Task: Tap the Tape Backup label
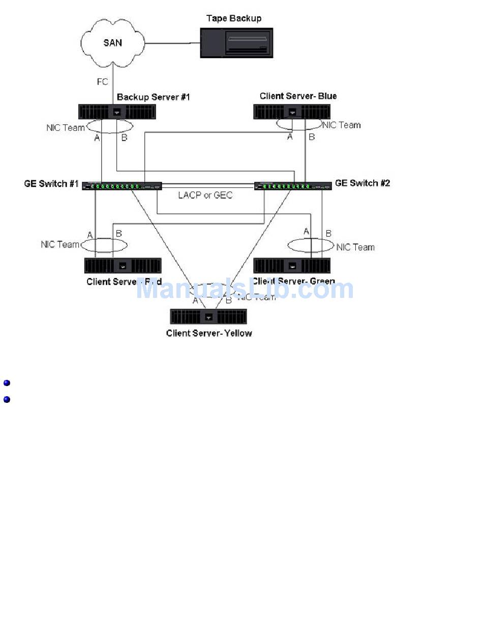coord(234,18)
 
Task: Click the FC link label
coord(102,81)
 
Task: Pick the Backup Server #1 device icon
coord(117,112)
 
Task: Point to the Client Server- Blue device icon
coord(292,112)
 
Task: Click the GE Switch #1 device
coord(122,186)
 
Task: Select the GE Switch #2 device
coord(293,186)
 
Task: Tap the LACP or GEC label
coord(205,195)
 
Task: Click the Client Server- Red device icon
coord(123,265)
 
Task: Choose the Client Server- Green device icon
coord(292,265)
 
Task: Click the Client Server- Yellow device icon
coord(208,316)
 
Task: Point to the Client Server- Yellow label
coord(209,334)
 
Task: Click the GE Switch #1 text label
coord(51,183)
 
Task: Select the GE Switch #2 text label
coord(363,183)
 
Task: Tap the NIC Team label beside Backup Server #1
coord(65,127)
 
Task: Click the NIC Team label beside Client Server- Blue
coord(342,125)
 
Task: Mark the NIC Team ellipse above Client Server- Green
coord(310,245)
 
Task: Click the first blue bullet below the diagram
coord(7,383)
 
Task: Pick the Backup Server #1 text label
coord(153,97)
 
